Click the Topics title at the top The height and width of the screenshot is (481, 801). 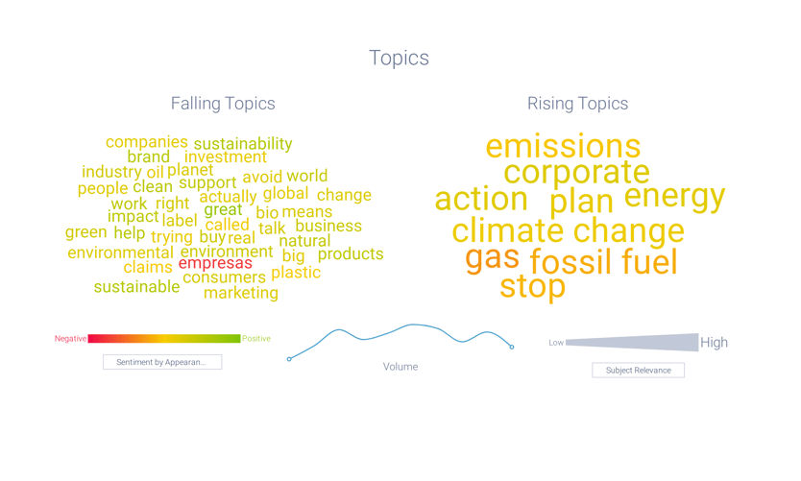click(399, 58)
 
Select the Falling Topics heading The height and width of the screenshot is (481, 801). click(223, 104)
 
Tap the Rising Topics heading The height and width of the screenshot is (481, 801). click(577, 104)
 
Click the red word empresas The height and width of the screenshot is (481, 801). click(215, 263)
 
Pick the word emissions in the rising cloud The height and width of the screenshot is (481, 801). click(562, 147)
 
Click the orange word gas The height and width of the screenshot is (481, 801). click(492, 257)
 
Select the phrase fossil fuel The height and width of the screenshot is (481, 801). click(603, 262)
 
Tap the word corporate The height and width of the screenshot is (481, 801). click(576, 173)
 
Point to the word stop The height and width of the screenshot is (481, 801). click(532, 286)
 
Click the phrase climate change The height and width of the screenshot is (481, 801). click(568, 231)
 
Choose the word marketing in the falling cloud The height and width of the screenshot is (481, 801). click(241, 293)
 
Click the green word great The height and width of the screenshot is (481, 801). click(223, 210)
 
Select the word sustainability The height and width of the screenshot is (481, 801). click(243, 144)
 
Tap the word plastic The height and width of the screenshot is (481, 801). click(296, 273)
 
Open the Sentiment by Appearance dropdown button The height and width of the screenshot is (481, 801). click(162, 362)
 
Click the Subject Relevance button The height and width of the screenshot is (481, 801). click(638, 370)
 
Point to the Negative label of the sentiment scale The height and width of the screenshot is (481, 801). click(70, 339)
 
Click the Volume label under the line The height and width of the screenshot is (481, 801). click(400, 367)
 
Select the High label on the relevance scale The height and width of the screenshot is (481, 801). click(714, 343)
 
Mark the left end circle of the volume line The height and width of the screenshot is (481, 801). click(289, 359)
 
